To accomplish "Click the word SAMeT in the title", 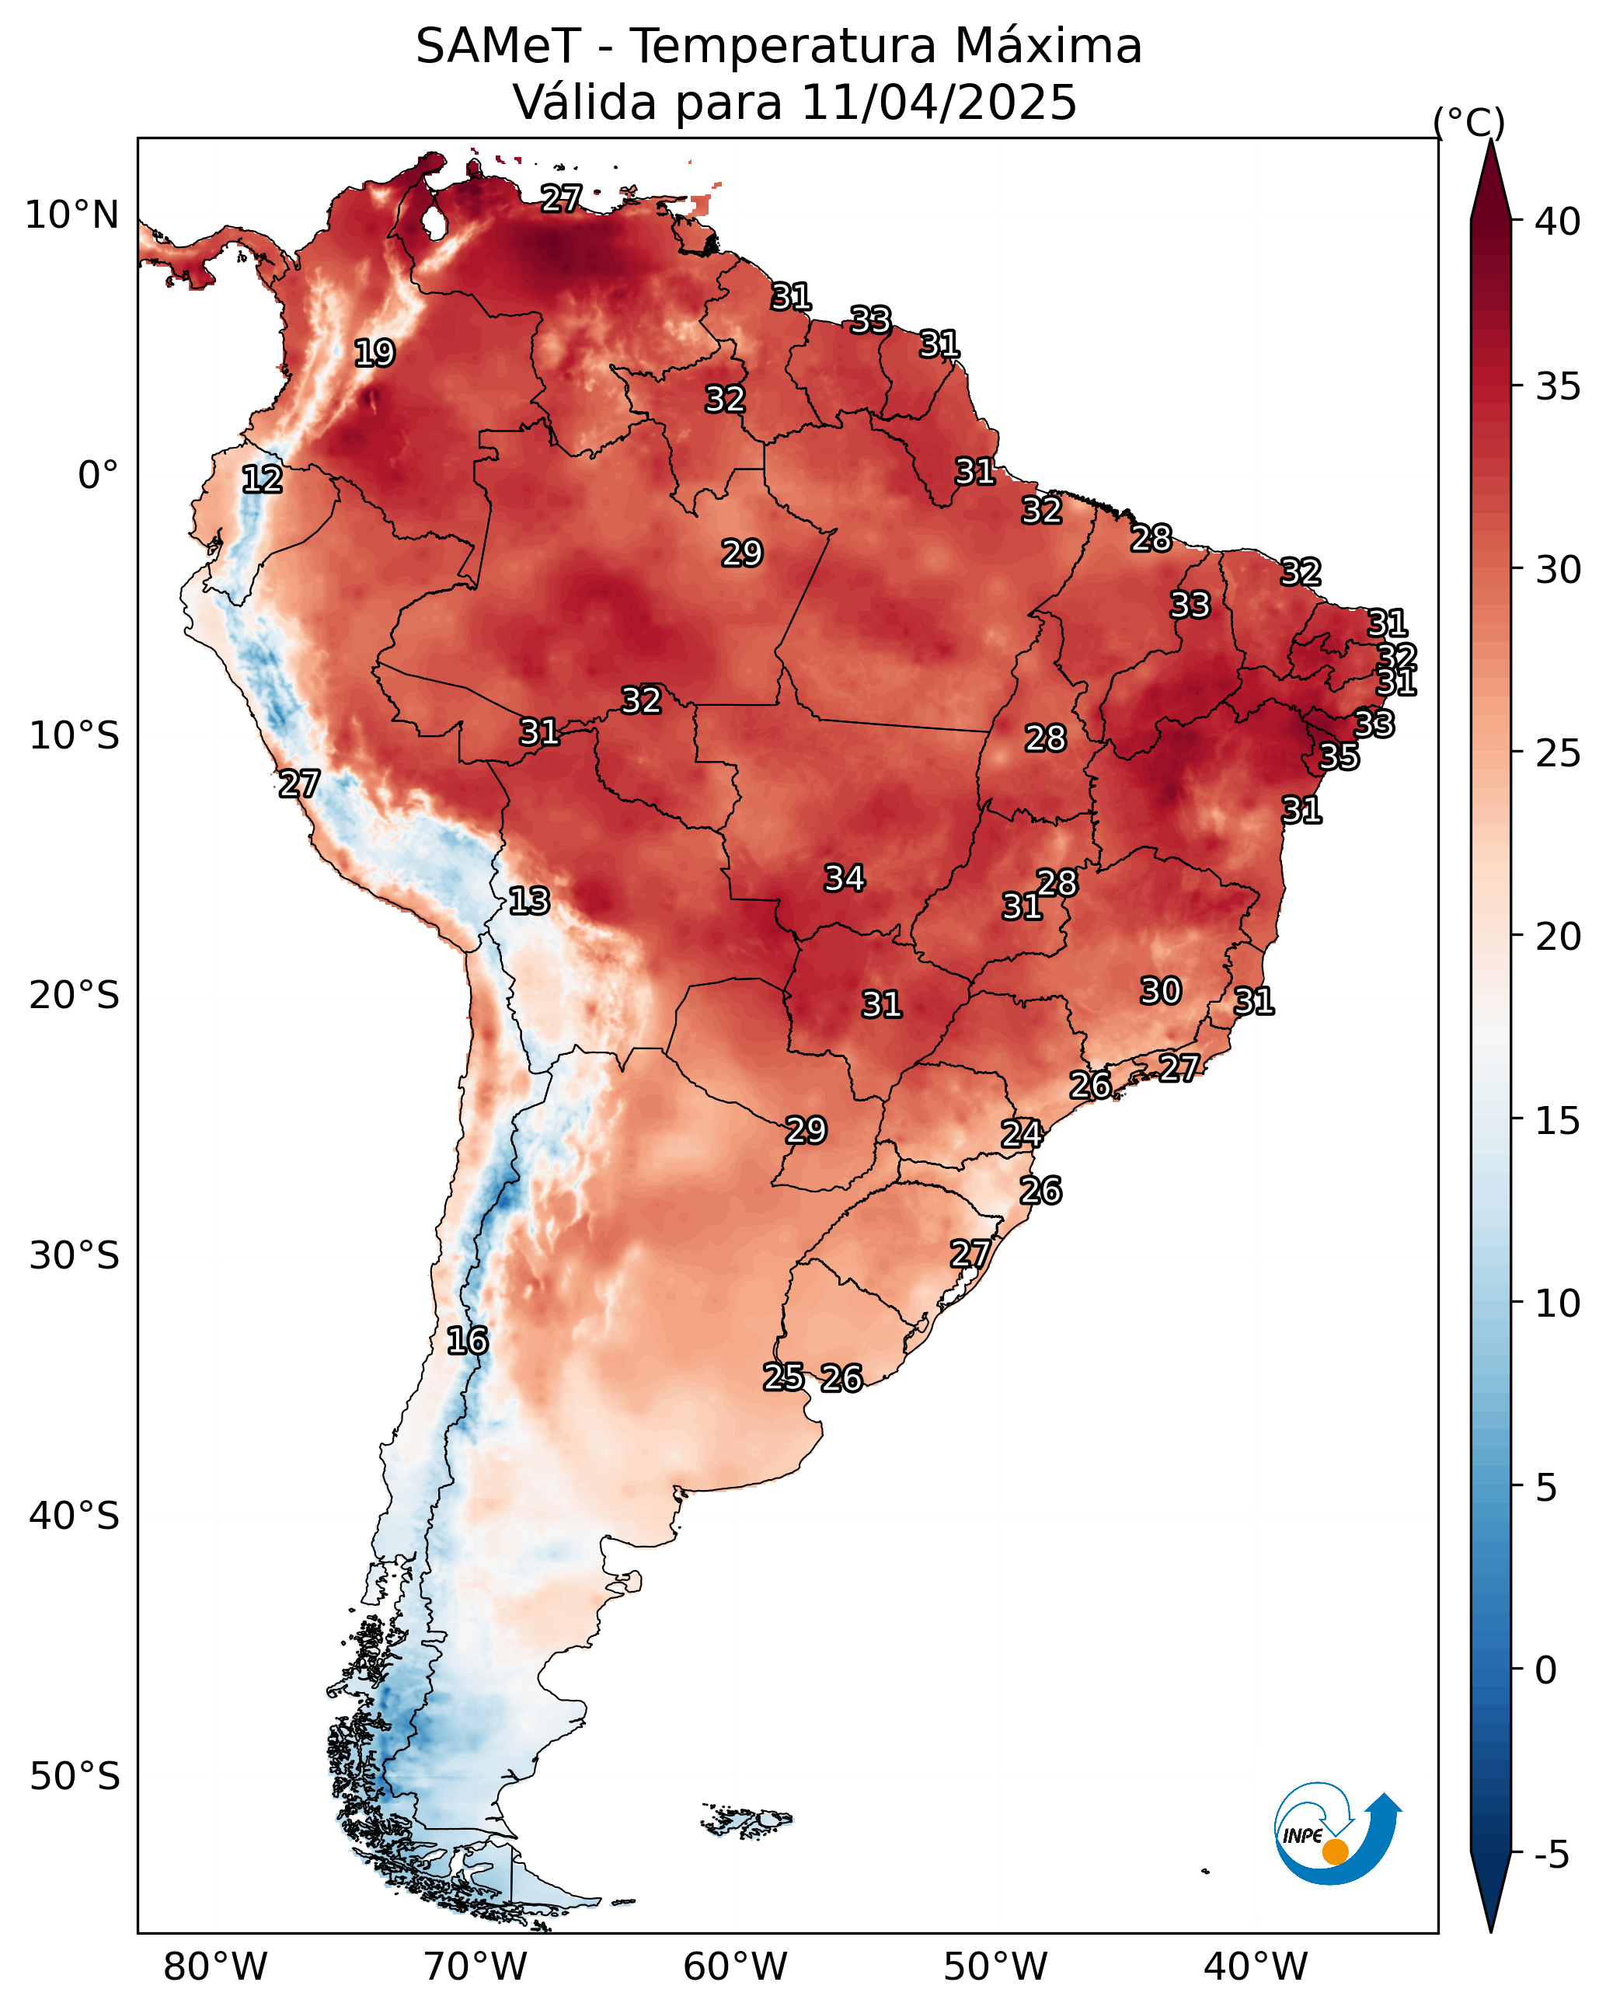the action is (x=498, y=47).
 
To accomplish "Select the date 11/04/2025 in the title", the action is (x=939, y=102).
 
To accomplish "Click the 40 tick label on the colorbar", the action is (x=1559, y=222).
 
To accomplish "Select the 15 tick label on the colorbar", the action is (x=1559, y=1121).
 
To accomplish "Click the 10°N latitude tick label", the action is (x=71, y=215).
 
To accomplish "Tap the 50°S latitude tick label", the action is (x=75, y=1777).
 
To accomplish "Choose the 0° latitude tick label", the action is (x=98, y=476).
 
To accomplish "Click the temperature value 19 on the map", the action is (x=375, y=354).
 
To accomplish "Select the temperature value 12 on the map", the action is (x=262, y=480).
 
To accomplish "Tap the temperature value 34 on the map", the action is (x=845, y=878).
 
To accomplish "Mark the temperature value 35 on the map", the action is (x=1339, y=756).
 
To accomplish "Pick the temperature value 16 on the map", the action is (x=467, y=1341).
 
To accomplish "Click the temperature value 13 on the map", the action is (x=528, y=901).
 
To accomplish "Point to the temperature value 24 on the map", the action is (x=1022, y=1134).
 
